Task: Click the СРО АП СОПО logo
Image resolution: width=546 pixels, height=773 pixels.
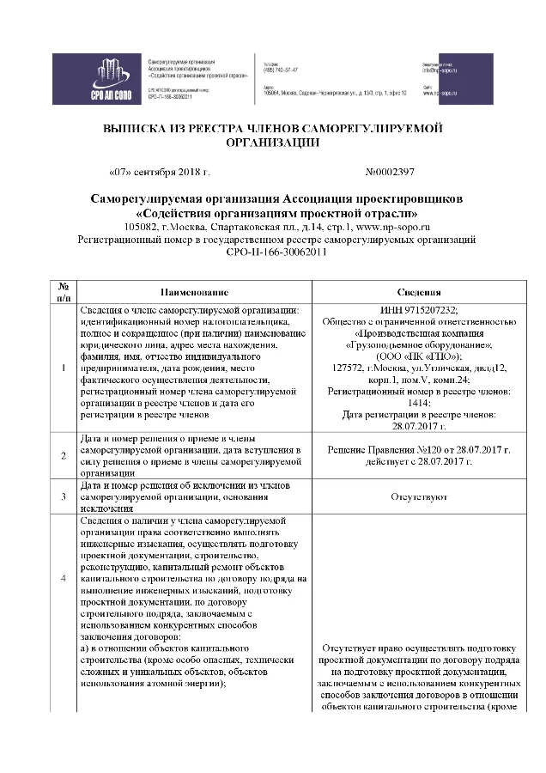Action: click(x=97, y=79)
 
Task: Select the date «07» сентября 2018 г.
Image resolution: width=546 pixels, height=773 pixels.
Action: click(x=161, y=172)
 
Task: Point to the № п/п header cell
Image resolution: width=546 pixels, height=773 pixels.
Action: click(x=64, y=292)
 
